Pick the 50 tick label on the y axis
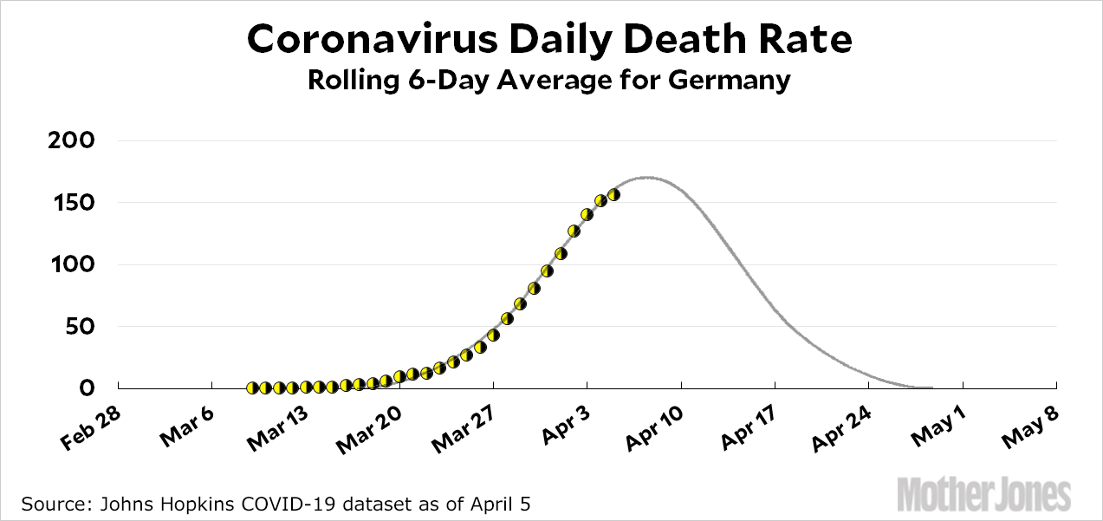click(83, 327)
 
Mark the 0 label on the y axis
click(89, 388)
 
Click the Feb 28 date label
click(90, 430)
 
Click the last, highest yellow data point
click(613, 194)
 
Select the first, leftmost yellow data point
click(252, 388)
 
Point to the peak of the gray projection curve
click(646, 178)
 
